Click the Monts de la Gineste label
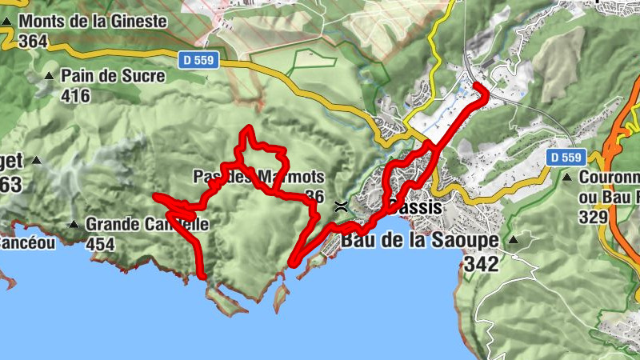tap(95, 22)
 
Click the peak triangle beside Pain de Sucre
tap(49, 77)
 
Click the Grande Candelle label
tap(147, 225)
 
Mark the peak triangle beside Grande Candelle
tap(74, 225)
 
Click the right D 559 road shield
tap(566, 158)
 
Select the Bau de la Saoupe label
tap(420, 239)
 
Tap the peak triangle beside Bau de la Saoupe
tap(513, 238)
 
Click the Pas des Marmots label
tap(258, 176)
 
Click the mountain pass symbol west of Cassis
tap(342, 206)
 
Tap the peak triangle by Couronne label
tap(567, 177)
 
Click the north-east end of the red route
tap(478, 86)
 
